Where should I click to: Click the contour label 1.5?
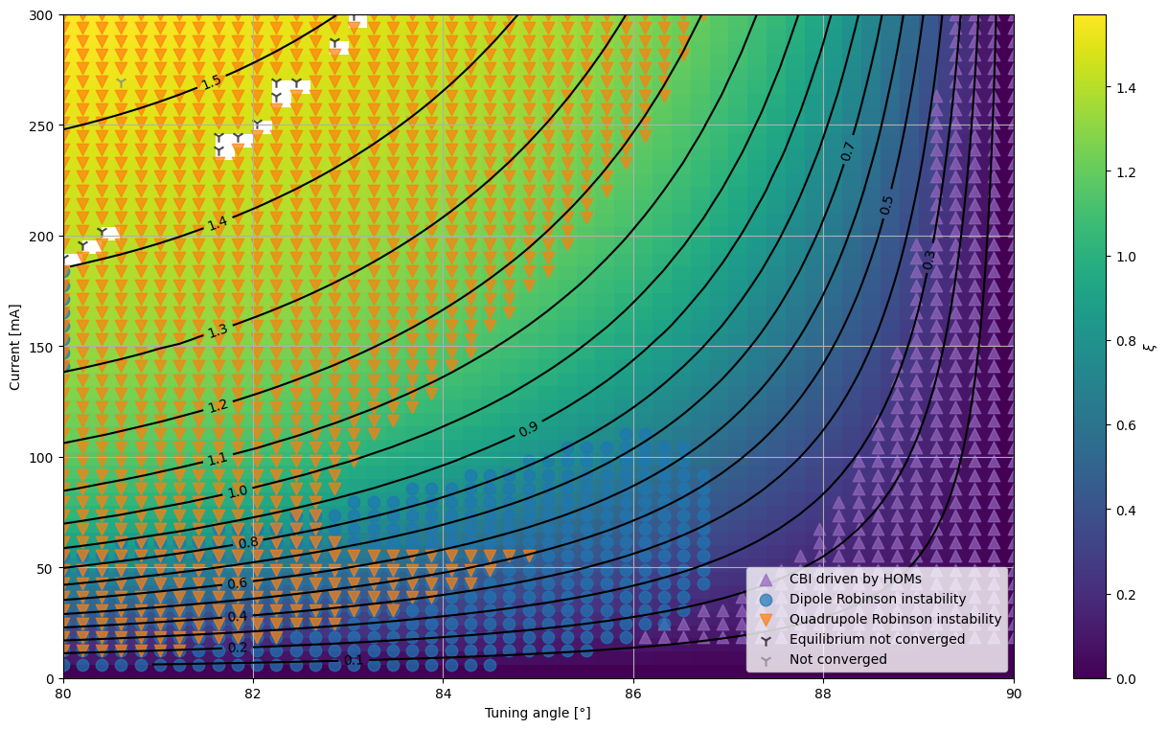coord(212,81)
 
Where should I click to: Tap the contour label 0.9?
coord(528,428)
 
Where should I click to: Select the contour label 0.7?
coord(847,151)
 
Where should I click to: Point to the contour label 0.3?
coord(928,261)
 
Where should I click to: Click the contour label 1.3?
coord(218,330)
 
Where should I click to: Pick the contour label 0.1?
coord(354,660)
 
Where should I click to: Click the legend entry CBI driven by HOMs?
coord(855,579)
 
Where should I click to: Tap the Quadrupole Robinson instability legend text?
coord(895,619)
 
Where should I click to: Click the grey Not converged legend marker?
coord(766,661)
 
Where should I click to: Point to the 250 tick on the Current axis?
coord(44,126)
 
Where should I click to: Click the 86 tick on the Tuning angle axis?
coord(633,695)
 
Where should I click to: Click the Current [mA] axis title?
coord(14,348)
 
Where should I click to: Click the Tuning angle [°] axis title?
coord(538,714)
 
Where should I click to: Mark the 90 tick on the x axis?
coord(1013,695)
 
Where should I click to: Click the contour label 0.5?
coord(886,205)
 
